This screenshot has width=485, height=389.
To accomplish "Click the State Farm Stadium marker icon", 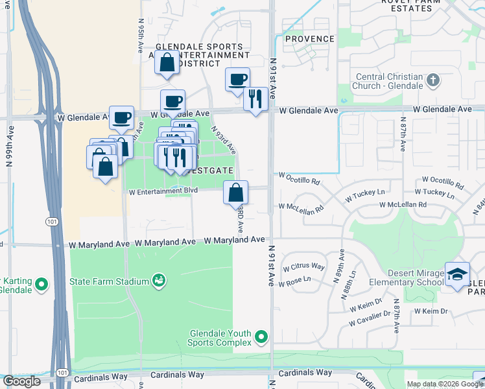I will [158, 279].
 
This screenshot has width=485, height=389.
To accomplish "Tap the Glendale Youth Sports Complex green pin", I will [261, 336].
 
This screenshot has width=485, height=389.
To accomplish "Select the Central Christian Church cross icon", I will [433, 81].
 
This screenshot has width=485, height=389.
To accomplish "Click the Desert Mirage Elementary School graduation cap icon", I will [457, 274].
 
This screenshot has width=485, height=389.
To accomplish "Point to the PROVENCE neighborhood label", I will [311, 39].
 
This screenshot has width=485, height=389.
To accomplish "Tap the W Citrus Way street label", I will [307, 266].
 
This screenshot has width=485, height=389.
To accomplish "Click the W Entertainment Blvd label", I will [163, 191].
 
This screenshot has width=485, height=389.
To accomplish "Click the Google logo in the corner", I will [21, 381].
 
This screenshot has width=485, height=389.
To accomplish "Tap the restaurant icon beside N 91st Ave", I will [255, 99].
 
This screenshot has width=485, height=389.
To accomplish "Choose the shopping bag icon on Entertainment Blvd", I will [236, 193].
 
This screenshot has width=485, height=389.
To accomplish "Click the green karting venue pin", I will [41, 284].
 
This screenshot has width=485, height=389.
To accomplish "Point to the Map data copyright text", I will [444, 384].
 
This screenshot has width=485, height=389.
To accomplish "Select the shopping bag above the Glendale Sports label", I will [167, 63].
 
